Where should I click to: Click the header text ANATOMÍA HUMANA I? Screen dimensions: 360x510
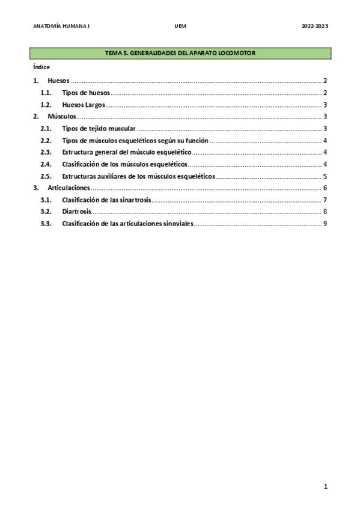click(x=61, y=26)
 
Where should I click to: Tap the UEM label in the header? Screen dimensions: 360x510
click(x=180, y=26)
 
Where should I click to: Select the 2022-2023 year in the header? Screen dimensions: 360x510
click(x=315, y=26)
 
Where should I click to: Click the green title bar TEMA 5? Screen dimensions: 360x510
click(x=180, y=54)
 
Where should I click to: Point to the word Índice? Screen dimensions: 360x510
click(x=41, y=67)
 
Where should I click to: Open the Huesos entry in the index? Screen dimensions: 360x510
click(x=59, y=81)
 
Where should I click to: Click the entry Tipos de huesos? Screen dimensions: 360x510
click(x=86, y=93)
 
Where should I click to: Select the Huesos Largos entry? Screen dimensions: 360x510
click(x=84, y=105)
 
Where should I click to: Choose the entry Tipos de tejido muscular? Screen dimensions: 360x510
click(x=99, y=128)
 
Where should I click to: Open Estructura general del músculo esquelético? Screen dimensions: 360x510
click(x=126, y=152)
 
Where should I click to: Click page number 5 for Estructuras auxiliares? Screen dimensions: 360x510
click(x=325, y=176)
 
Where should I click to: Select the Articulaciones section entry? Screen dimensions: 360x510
click(x=69, y=188)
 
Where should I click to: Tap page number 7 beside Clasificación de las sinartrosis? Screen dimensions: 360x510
click(x=325, y=200)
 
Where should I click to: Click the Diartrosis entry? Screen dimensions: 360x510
click(x=77, y=212)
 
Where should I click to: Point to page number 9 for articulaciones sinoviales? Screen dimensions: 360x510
click(x=325, y=224)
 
